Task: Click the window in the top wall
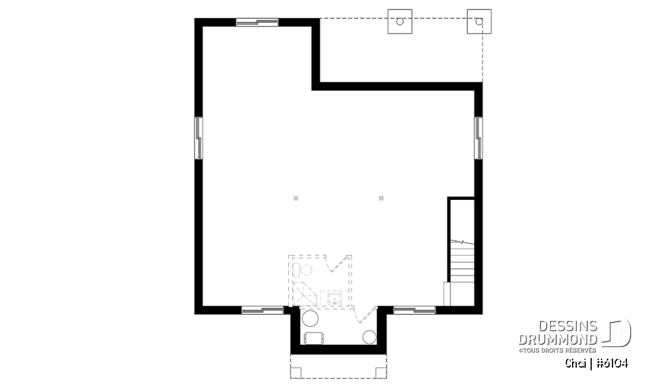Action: point(257,22)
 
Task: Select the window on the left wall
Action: point(199,137)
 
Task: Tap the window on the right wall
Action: point(477,137)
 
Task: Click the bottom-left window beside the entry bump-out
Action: point(263,310)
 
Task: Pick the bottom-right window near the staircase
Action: point(415,310)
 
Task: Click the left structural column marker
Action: point(296,199)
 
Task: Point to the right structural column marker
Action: point(381,199)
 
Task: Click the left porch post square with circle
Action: point(399,21)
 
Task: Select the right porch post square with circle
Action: point(478,21)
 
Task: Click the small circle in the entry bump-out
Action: point(369,336)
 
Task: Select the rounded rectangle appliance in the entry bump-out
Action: point(313,337)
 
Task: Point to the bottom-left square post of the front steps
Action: point(296,372)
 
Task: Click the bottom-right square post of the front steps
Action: point(380,372)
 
